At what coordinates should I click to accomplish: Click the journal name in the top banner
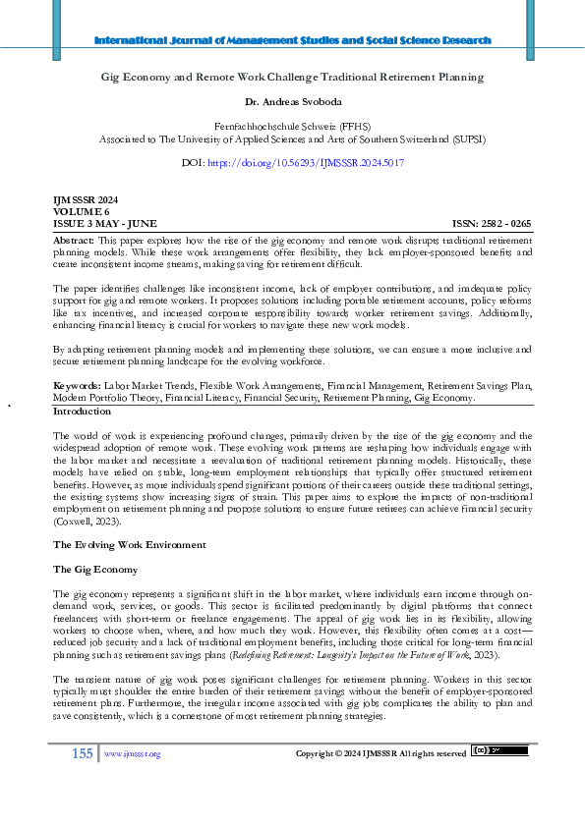pos(292,40)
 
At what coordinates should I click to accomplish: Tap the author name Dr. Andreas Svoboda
pos(292,101)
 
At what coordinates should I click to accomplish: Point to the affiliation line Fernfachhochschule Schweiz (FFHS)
pos(292,127)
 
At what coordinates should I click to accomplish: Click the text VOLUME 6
pos(78,211)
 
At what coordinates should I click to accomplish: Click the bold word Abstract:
pos(74,240)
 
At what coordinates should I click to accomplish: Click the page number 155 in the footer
pos(82,753)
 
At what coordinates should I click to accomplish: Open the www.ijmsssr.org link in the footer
pos(132,754)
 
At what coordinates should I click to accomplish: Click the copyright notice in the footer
pos(380,754)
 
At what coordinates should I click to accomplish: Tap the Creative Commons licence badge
pos(499,751)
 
